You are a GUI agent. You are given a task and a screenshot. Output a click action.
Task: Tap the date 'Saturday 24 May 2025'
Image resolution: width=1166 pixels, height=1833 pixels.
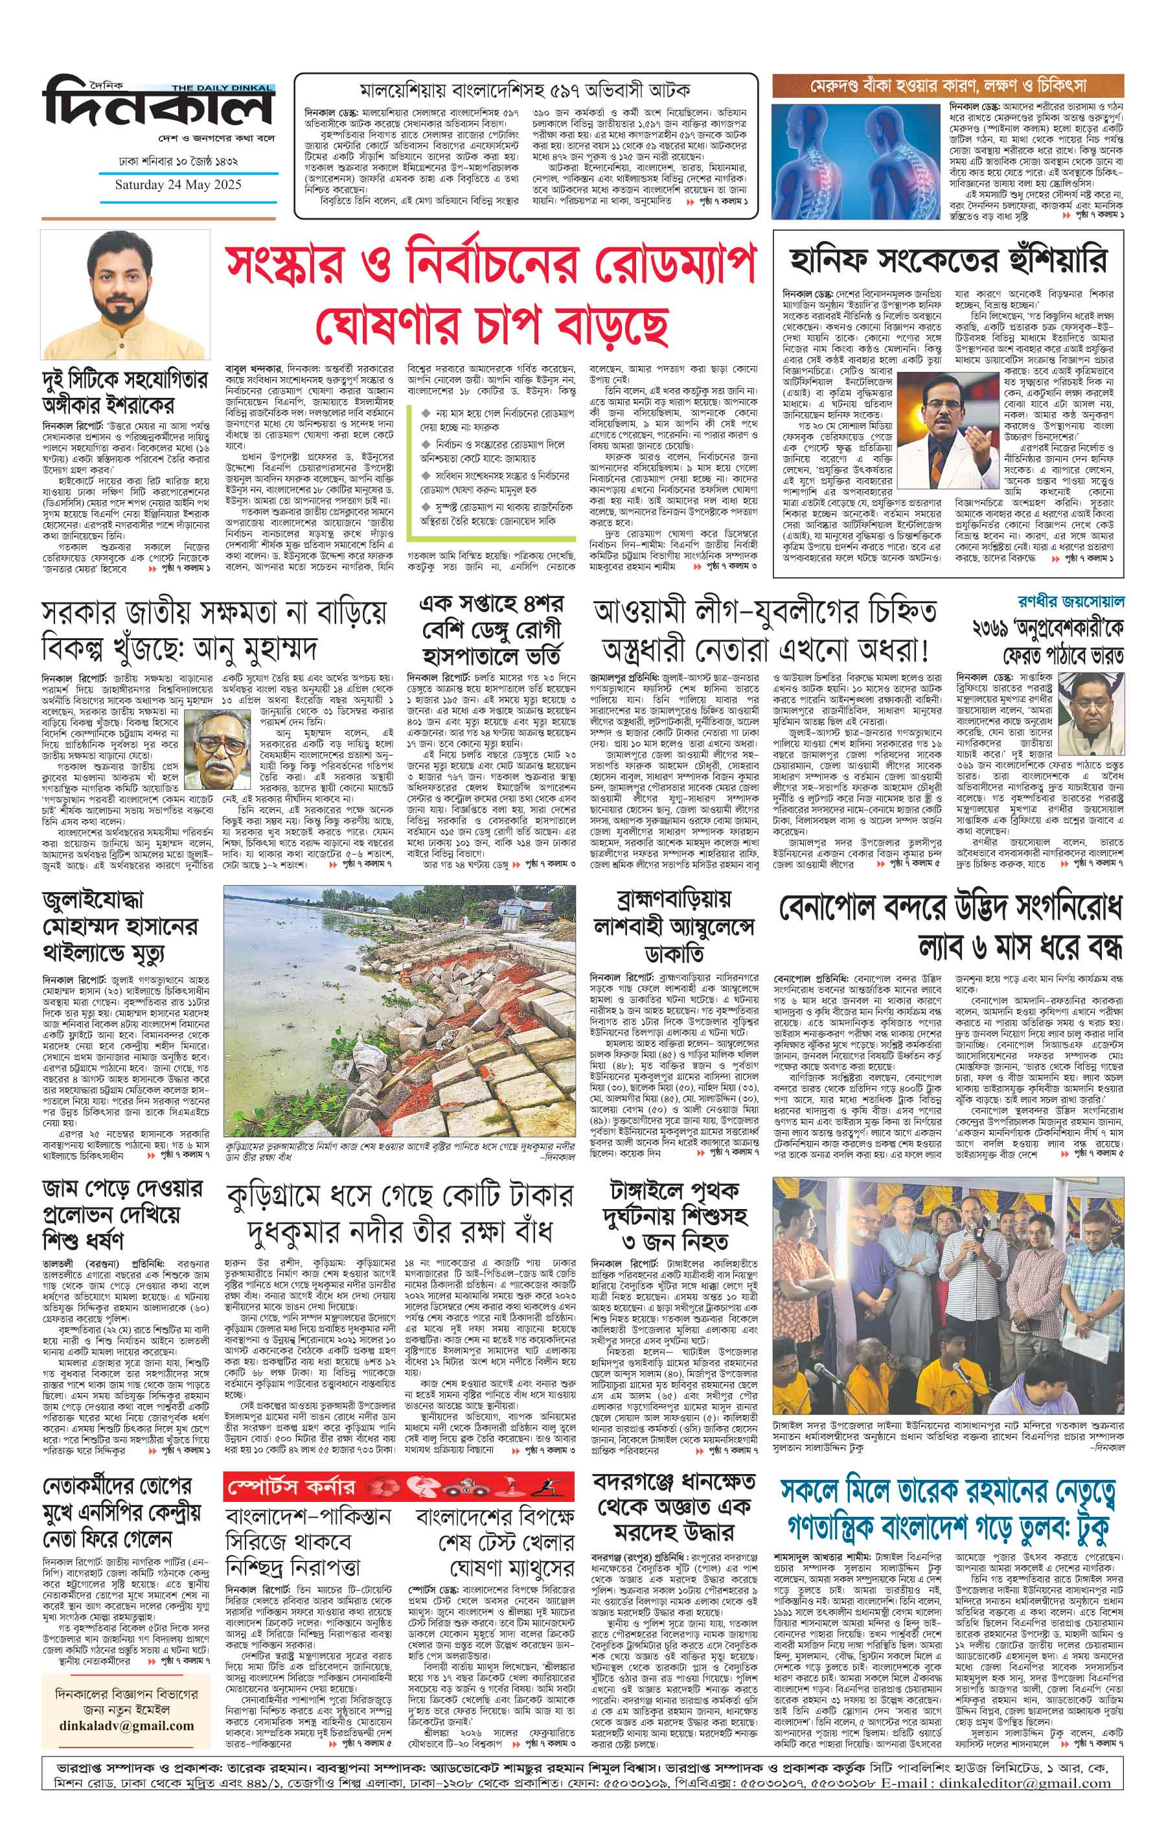coord(177,185)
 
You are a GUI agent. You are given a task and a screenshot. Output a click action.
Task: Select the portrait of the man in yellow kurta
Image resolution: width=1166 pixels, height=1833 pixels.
coord(125,296)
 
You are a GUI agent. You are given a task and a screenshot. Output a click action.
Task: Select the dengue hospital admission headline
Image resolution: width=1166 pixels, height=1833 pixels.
coord(491,630)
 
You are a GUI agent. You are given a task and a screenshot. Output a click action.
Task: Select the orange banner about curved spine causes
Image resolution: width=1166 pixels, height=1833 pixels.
coord(948,84)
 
